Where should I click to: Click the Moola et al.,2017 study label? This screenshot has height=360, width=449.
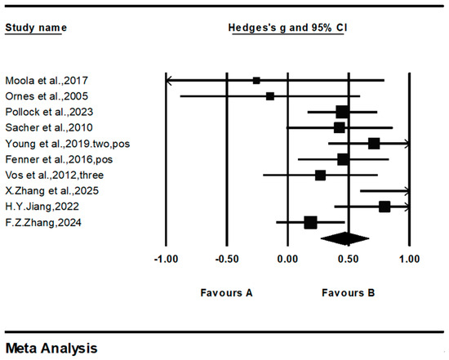pos(47,81)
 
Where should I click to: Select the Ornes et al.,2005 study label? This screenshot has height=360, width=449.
pos(47,96)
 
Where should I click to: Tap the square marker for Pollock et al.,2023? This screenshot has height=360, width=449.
pos(342,112)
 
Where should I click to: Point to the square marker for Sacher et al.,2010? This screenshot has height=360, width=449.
pos(340,127)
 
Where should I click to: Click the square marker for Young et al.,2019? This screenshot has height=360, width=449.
pos(374,144)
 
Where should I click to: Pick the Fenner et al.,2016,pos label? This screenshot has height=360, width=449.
pos(59,159)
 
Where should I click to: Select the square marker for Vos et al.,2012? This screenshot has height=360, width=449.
pos(321,176)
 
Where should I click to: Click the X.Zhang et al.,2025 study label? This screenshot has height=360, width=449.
pos(51,191)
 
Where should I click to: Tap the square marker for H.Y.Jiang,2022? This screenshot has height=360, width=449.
pos(385,207)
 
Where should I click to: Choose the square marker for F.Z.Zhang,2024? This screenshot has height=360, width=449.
pos(311,223)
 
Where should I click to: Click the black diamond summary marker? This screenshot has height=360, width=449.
pos(345,238)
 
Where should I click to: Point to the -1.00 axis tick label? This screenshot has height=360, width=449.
pos(166,260)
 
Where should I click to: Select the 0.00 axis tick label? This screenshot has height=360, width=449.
pos(287,260)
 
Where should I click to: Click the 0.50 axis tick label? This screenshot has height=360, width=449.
pos(349,260)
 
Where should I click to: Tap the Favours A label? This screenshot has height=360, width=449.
pos(226,293)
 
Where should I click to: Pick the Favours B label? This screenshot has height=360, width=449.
pos(349,293)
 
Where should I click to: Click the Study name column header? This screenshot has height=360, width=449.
pos(36,28)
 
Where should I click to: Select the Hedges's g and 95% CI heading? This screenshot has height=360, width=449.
pos(288,28)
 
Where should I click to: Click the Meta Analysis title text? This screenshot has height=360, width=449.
pos(51,349)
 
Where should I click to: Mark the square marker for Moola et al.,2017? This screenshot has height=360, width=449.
pos(256,81)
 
